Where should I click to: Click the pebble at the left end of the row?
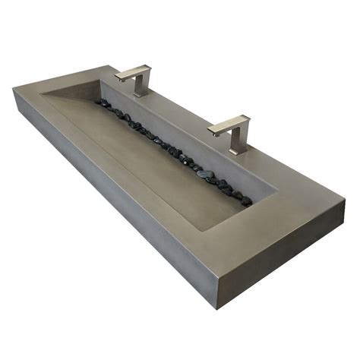[99, 102]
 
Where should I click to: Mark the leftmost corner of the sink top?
[14, 90]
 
